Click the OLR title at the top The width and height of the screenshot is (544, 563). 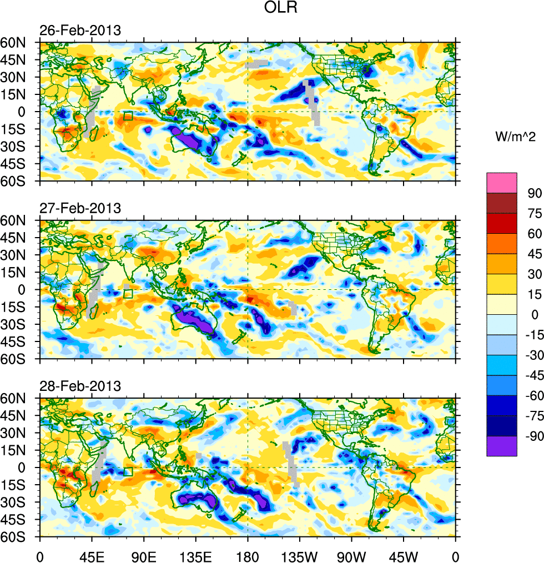[x=282, y=9]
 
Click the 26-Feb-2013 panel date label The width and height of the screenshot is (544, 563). [x=79, y=31]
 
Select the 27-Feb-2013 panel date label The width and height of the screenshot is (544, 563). [x=79, y=209]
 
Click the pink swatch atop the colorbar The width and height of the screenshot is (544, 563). [x=502, y=183]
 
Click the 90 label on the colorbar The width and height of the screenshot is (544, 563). [x=535, y=193]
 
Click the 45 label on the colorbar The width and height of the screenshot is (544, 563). [x=535, y=254]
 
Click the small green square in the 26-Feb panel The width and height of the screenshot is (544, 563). [x=128, y=115]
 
